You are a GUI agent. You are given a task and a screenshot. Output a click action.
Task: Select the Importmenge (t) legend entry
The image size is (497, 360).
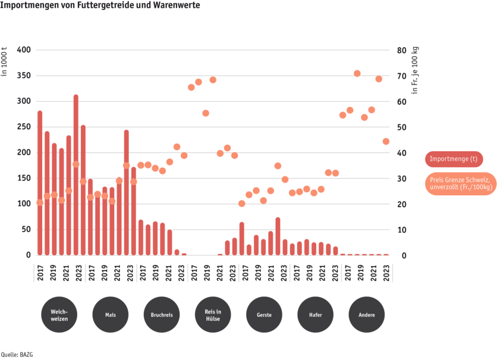tap(453, 159)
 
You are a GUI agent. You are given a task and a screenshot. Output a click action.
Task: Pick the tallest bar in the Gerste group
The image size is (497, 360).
tap(278, 236)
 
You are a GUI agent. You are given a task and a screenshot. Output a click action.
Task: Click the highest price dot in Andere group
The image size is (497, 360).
tap(357, 73)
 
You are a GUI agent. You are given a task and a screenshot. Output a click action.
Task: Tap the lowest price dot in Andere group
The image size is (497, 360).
tap(386, 141)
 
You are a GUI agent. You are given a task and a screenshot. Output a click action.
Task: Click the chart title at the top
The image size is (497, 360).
tap(100, 5)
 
